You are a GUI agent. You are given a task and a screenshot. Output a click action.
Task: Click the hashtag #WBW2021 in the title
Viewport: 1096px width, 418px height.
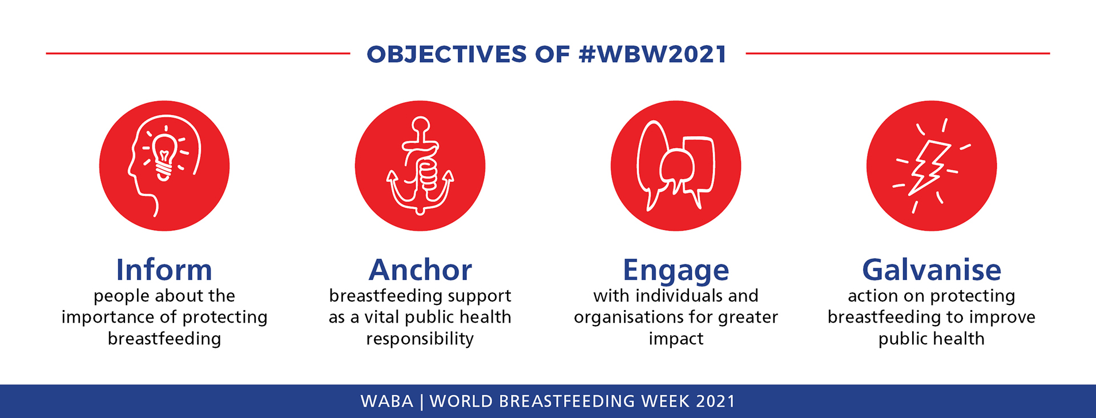click(x=652, y=54)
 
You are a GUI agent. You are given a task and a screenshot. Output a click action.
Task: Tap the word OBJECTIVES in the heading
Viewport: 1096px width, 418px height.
click(x=447, y=54)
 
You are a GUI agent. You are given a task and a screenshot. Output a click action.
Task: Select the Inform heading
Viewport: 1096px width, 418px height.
click(x=164, y=270)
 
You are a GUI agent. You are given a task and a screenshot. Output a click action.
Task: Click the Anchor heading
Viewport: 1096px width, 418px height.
click(x=420, y=270)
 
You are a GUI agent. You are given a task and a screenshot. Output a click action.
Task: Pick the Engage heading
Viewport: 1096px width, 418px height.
click(x=676, y=271)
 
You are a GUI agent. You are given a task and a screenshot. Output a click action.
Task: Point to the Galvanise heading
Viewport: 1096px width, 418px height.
click(x=932, y=270)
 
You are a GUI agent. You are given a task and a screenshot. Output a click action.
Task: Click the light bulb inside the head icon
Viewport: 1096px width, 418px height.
click(x=164, y=158)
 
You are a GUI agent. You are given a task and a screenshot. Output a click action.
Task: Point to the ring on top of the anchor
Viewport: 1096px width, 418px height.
click(x=421, y=124)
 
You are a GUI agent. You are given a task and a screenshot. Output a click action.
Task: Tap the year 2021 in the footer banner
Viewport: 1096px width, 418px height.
click(x=716, y=401)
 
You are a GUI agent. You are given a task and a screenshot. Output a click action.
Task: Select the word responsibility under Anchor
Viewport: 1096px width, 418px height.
click(x=420, y=339)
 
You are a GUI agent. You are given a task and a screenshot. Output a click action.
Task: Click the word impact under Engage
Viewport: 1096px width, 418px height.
click(x=676, y=339)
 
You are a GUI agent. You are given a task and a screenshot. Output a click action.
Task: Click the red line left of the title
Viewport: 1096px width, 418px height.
click(x=198, y=53)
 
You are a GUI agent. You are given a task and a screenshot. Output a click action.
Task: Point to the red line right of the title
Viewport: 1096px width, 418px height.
click(x=898, y=53)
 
